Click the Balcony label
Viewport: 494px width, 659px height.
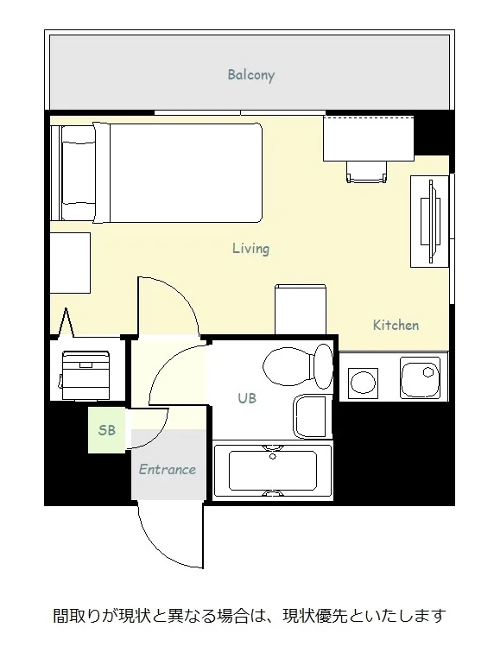pos(251,75)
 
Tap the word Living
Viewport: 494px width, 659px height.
pos(251,249)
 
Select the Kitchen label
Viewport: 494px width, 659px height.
pos(396,325)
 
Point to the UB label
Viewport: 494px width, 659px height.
pos(247,398)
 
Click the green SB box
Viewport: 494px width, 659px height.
pos(107,430)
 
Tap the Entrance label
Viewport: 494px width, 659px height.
pos(168,469)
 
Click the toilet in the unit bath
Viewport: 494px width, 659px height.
pos(298,366)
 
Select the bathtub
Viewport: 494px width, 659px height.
pos(273,471)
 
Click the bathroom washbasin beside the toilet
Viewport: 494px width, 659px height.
pos(312,416)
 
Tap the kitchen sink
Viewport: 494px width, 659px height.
pos(420,377)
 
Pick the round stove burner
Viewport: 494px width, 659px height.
pos(363,383)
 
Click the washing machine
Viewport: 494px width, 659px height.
pos(85,376)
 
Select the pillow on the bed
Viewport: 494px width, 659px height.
pos(79,173)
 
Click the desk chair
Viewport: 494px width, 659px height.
pos(366,172)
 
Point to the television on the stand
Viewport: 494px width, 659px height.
pos(430,221)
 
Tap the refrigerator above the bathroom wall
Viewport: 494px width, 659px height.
pos(301,309)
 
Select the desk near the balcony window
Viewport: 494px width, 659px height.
pos(369,138)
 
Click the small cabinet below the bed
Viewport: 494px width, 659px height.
pos(70,263)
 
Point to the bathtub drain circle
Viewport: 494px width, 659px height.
pos(273,456)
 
